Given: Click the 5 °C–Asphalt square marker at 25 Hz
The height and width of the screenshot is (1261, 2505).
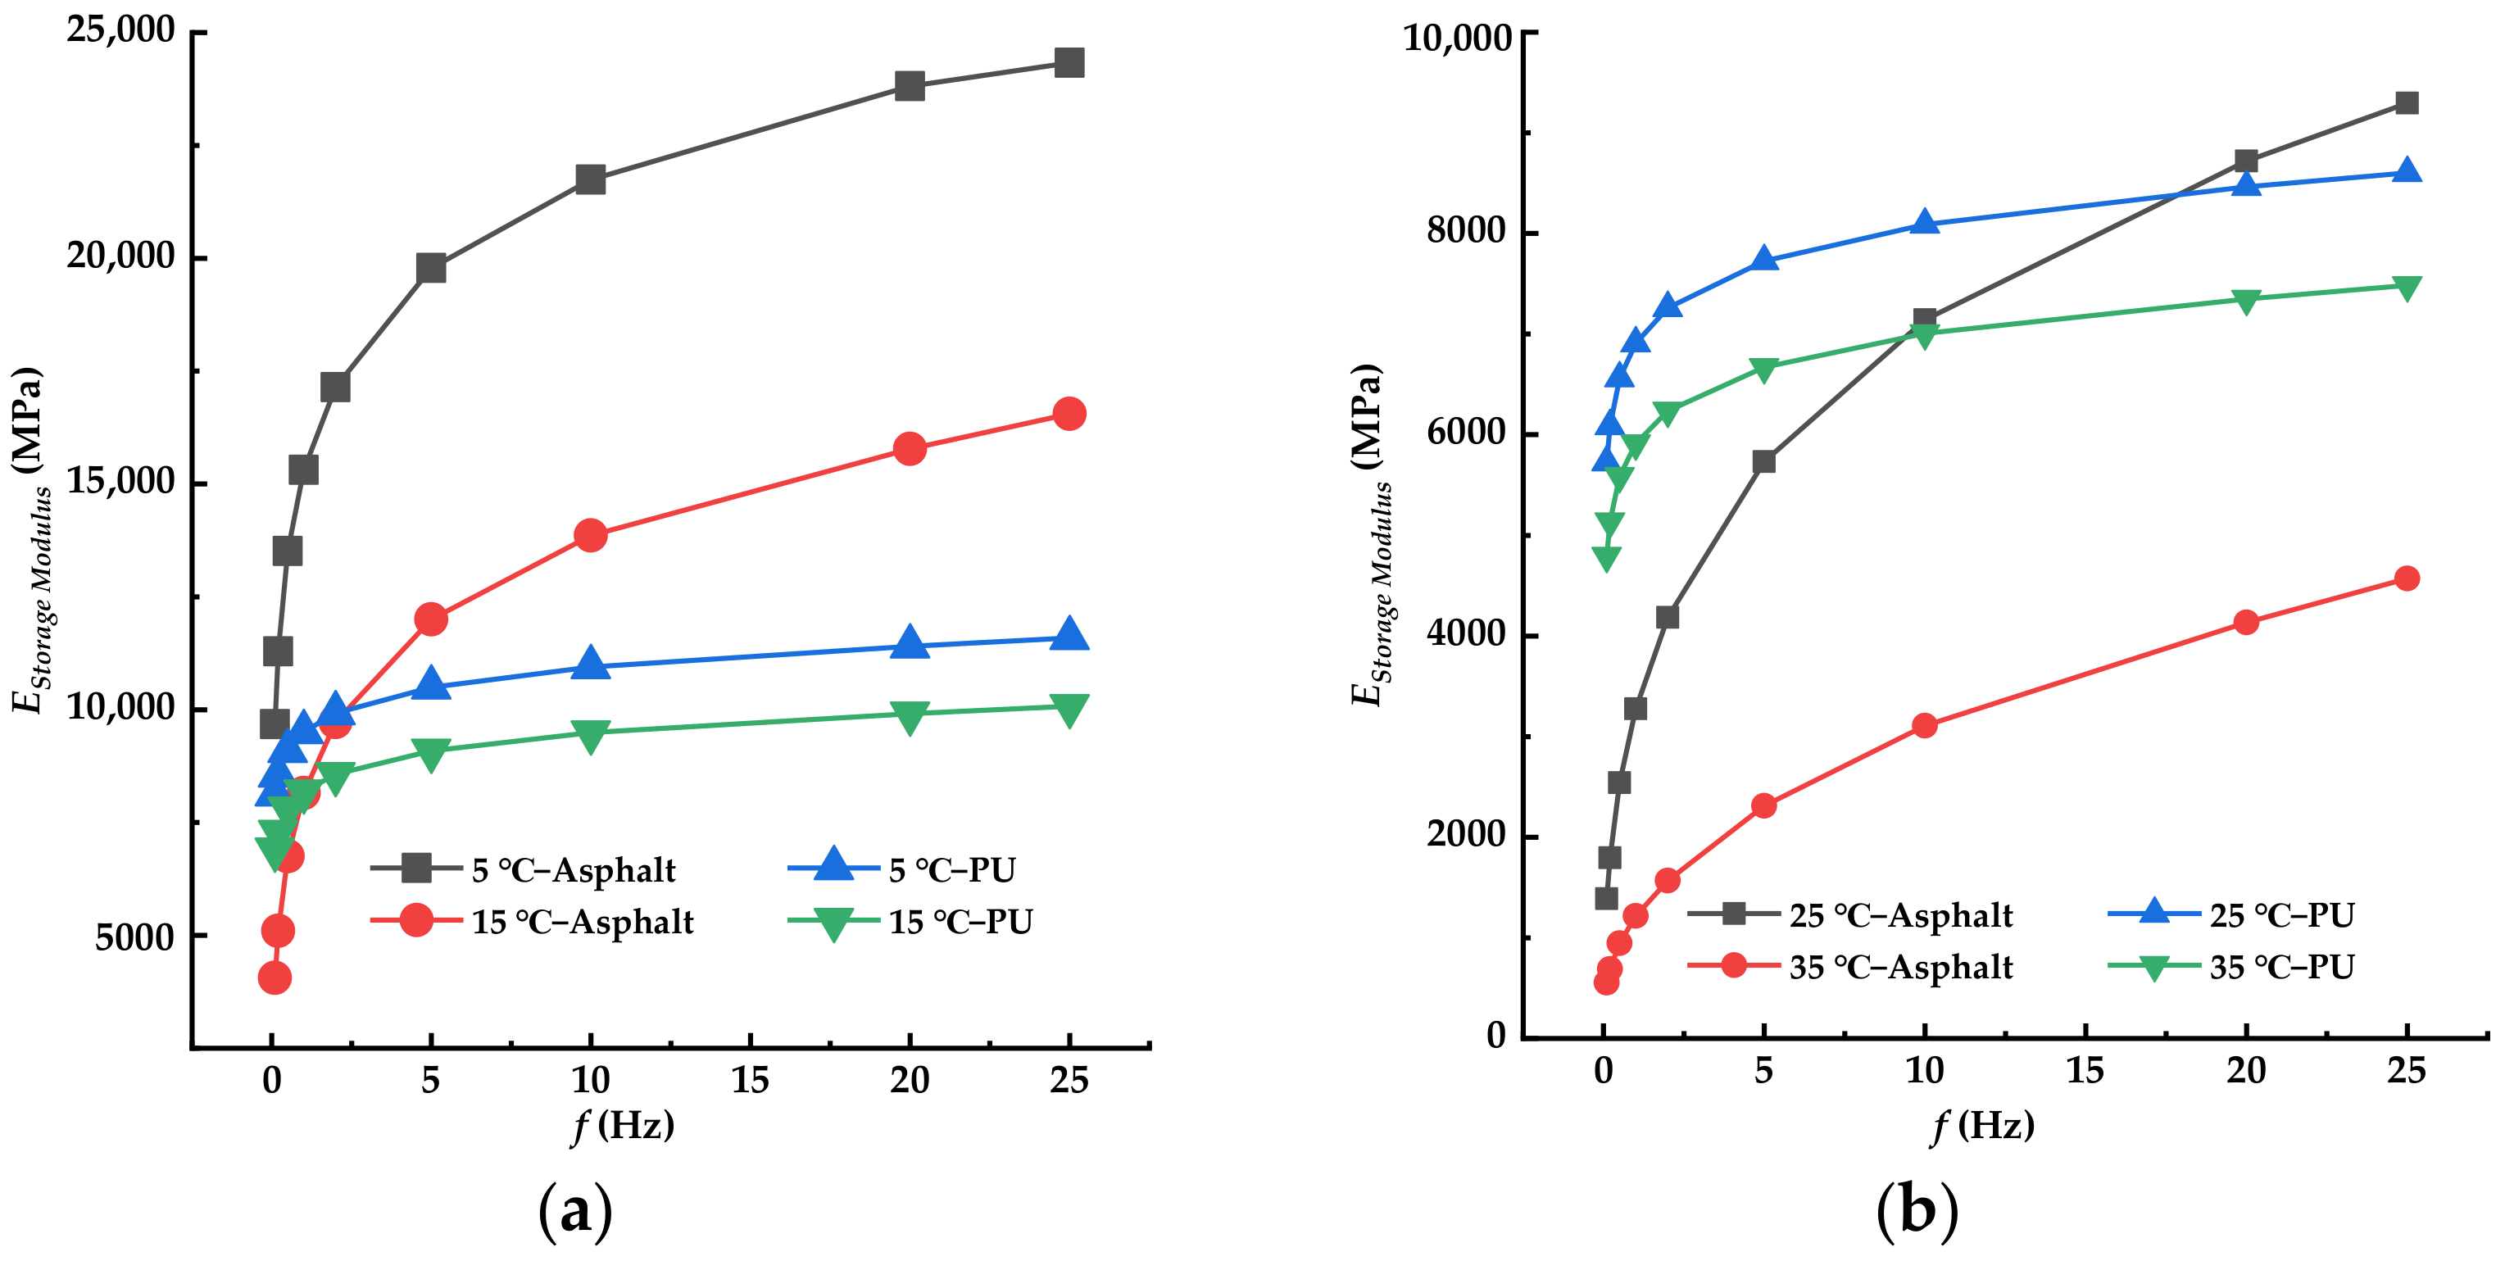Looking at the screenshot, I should tap(1069, 63).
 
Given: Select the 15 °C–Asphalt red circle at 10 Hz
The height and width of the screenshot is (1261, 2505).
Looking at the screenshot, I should tap(590, 535).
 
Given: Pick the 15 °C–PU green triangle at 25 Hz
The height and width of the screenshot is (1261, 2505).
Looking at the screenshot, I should tap(1069, 709).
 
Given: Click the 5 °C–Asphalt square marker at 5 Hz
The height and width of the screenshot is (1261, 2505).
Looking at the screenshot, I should tap(431, 268).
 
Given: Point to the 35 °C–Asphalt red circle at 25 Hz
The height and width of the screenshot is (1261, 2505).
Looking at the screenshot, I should tap(2407, 578).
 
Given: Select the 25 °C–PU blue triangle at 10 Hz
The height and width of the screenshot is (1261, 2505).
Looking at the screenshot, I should tap(1925, 223).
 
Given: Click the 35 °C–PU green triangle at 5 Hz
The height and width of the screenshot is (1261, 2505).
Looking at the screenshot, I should tap(1764, 369).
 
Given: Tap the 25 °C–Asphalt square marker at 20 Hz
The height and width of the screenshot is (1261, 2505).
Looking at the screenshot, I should tap(2246, 161).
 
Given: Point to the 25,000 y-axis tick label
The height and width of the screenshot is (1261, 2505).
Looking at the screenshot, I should tap(120, 30).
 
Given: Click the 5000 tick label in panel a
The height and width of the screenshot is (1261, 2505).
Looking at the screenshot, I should tap(134, 937).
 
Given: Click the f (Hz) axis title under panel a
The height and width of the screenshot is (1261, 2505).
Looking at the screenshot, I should tap(624, 1125).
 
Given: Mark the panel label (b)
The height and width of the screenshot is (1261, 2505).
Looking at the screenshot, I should tap(1917, 1210).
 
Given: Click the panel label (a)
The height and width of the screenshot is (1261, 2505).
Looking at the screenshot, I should tap(576, 1210).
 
